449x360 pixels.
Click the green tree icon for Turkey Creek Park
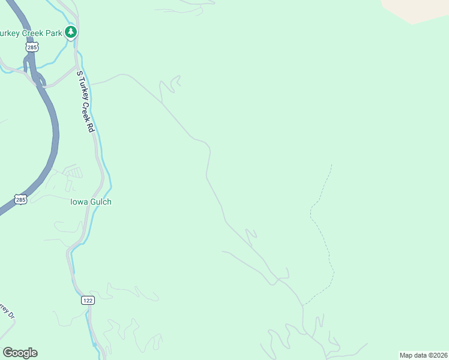(71, 32)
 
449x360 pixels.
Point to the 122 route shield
(88, 299)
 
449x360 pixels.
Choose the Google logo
(20, 353)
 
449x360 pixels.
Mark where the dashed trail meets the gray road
(303, 305)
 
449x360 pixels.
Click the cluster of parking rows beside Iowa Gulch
(73, 173)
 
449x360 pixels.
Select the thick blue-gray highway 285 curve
(50, 138)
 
